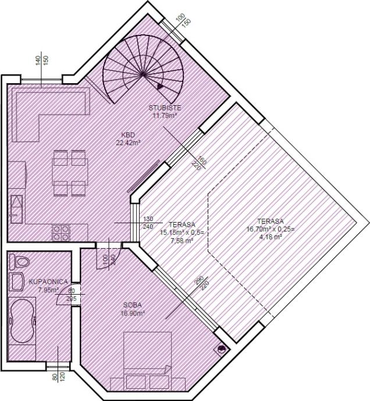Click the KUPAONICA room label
click(48, 282)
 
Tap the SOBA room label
click(133, 305)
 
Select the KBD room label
click(129, 135)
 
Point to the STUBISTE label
click(165, 108)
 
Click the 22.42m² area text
click(129, 143)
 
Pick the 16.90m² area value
click(133, 313)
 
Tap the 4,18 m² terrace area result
click(271, 237)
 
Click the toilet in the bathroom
click(19, 262)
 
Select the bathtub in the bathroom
click(22, 321)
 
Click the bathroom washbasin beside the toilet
click(16, 281)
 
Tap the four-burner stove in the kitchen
click(61, 232)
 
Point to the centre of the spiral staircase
click(143, 74)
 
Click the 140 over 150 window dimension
click(42, 60)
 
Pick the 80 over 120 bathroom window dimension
click(59, 377)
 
